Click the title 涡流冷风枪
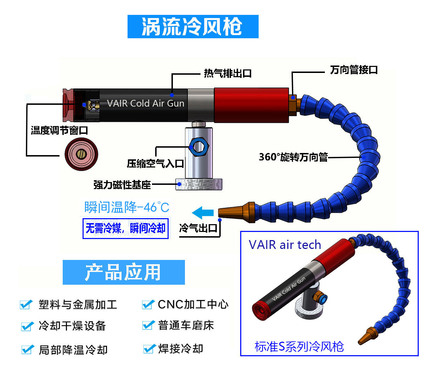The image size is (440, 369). [192, 27]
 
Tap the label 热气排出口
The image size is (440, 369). [227, 73]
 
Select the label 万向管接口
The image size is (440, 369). [354, 70]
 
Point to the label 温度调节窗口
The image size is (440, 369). [59, 130]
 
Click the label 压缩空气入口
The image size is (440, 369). [156, 163]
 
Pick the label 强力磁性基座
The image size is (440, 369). [122, 184]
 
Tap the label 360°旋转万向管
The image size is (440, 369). [293, 157]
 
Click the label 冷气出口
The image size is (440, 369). [198, 228]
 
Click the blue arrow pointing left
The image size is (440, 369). [203, 213]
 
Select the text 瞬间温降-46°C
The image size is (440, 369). [126, 207]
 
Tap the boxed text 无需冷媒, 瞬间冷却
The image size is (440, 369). [125, 228]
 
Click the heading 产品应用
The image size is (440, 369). [123, 272]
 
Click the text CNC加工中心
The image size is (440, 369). [193, 304]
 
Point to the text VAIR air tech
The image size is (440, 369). [284, 245]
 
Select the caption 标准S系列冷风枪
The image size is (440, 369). [299, 346]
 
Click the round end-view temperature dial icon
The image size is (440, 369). [81, 154]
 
